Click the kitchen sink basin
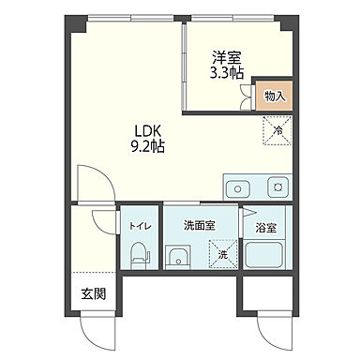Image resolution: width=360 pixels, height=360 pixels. (235, 186)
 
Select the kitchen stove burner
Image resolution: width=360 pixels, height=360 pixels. (277, 186)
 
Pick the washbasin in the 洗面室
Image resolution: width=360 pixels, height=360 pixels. (176, 255)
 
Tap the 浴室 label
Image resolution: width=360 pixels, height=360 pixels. (266, 228)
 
